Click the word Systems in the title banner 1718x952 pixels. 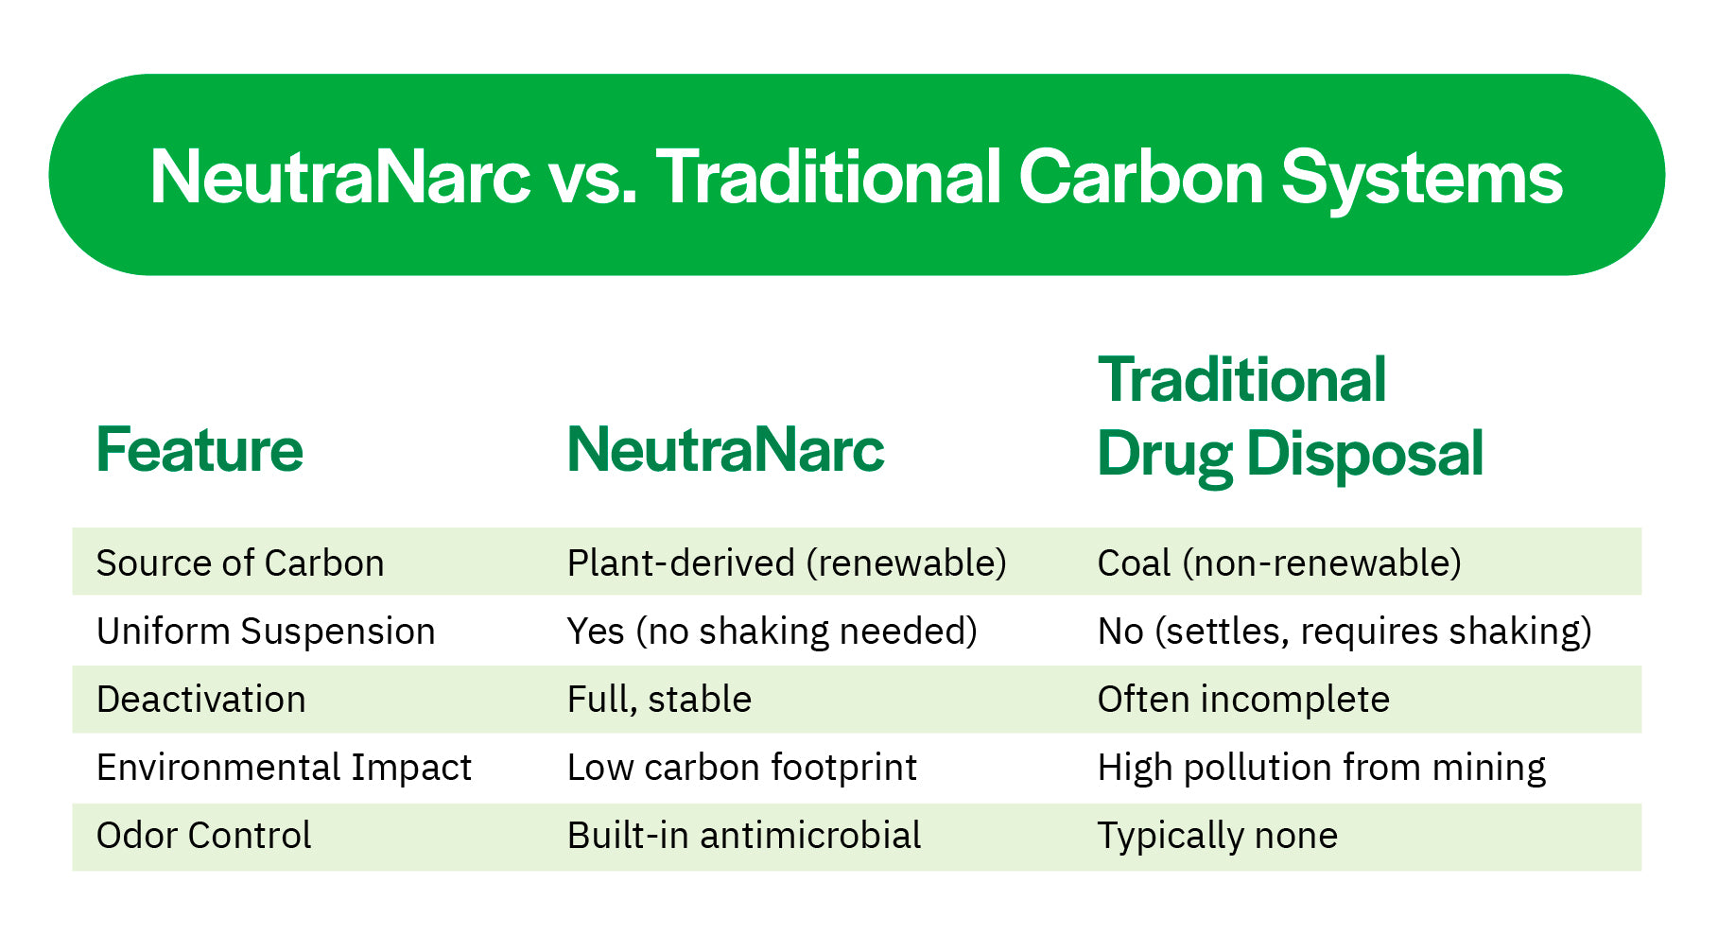(1421, 178)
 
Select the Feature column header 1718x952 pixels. (200, 449)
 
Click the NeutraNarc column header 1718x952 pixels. (725, 449)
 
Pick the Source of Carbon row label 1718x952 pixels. (240, 563)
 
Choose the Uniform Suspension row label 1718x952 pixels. (266, 631)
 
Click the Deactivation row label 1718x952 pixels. (201, 699)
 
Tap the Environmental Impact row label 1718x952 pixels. (284, 767)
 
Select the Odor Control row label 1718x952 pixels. (203, 835)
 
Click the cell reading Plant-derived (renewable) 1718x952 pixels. (787, 563)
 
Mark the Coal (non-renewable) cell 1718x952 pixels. (1279, 563)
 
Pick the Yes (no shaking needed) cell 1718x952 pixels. (772, 631)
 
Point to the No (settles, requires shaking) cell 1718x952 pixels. (1345, 631)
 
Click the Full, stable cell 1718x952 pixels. (659, 699)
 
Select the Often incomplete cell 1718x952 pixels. (1243, 699)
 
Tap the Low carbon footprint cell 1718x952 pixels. (742, 767)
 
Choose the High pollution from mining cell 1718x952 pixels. (1322, 767)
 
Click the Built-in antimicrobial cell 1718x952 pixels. (744, 835)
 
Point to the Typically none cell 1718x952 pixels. (1218, 835)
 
